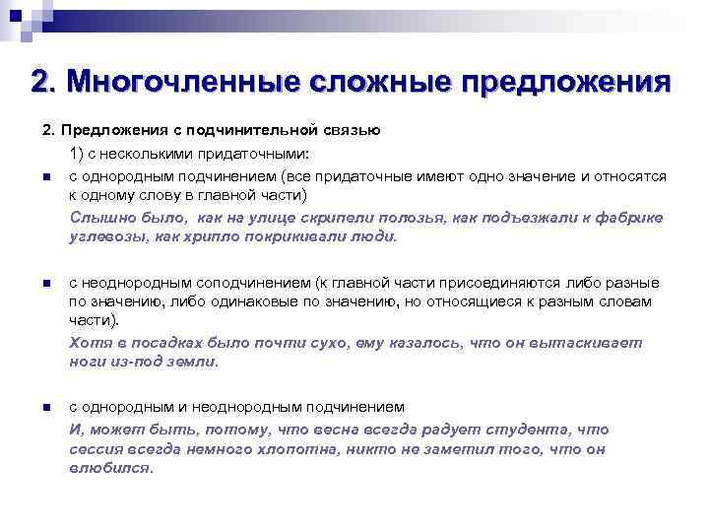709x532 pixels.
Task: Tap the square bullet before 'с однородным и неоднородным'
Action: (45, 408)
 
